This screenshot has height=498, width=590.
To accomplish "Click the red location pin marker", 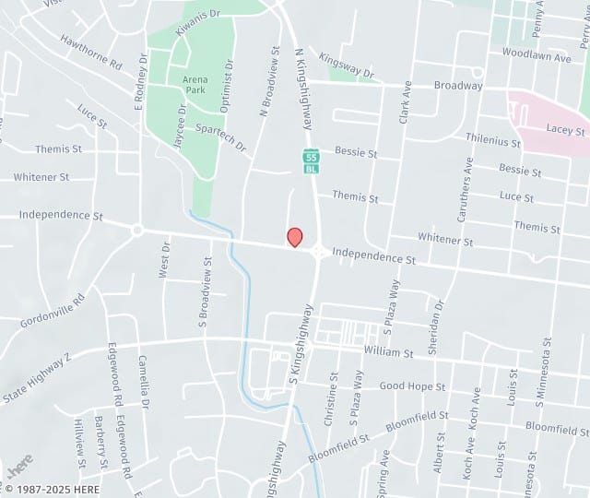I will (x=295, y=237).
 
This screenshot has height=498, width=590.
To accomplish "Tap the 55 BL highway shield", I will (x=312, y=160).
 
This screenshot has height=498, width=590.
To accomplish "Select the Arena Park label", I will (x=195, y=85).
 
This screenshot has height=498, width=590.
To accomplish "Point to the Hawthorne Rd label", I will (x=91, y=53).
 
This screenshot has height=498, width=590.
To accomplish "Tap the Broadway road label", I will (x=459, y=86).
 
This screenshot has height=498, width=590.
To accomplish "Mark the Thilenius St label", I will (x=493, y=142).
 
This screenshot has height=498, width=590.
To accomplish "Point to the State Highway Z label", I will (x=37, y=377).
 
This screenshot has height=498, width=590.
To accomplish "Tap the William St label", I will (x=388, y=352).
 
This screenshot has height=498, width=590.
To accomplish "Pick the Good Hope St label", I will (x=412, y=386).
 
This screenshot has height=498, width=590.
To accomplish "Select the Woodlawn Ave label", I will (x=537, y=56).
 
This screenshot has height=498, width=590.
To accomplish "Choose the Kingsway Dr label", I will (x=347, y=65).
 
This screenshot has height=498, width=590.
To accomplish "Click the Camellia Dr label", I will (x=143, y=382).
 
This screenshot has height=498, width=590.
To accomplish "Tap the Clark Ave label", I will (x=404, y=101).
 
